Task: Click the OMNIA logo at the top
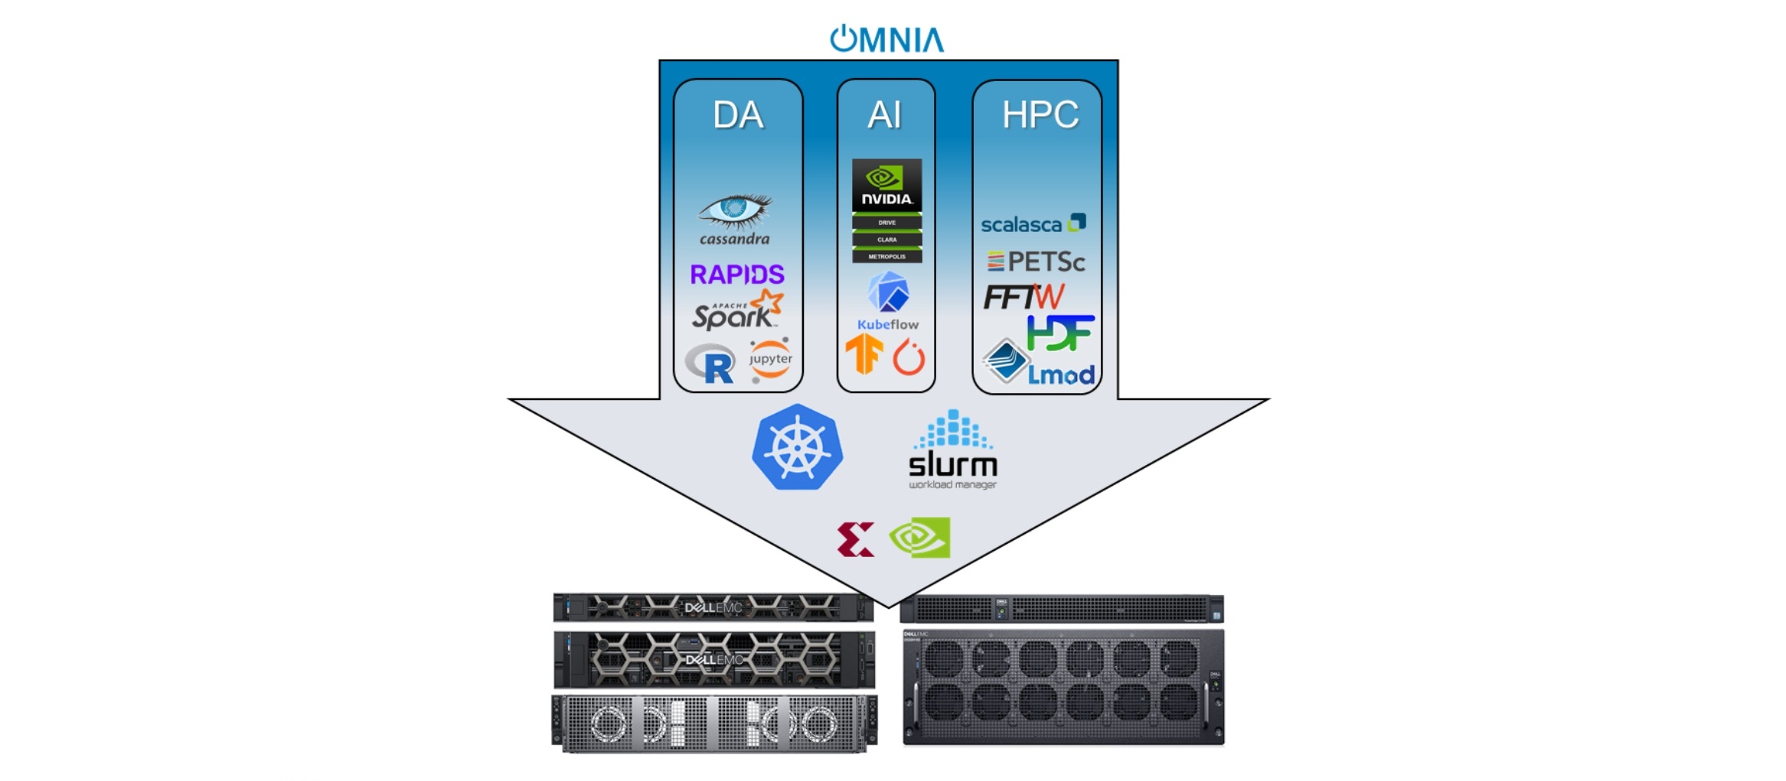(886, 39)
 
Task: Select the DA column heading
(737, 116)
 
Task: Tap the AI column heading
(884, 116)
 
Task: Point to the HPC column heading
(1040, 115)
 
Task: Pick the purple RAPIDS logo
(736, 274)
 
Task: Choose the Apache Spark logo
(736, 311)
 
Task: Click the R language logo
(711, 363)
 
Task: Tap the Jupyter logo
(770, 359)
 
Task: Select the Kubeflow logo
(887, 301)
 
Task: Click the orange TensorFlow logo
(864, 354)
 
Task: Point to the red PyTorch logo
(909, 356)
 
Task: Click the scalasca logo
(1033, 224)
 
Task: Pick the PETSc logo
(1035, 262)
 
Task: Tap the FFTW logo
(1023, 297)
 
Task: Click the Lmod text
(1060, 375)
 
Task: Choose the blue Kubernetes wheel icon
(797, 447)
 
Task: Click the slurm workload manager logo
(952, 451)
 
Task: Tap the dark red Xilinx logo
(855, 539)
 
